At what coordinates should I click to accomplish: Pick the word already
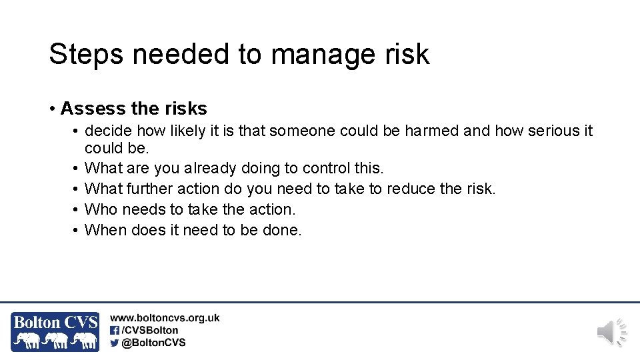point(210,169)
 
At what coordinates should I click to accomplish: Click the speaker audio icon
point(611,332)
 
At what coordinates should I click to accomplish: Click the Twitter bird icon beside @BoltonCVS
point(115,343)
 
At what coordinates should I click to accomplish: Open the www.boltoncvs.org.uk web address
point(165,319)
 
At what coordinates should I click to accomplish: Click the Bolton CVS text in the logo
point(55,323)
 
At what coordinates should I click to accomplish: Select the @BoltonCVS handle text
point(154,343)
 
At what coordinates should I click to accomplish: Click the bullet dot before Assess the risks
point(52,109)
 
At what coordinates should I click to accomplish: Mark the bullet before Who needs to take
point(77,209)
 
